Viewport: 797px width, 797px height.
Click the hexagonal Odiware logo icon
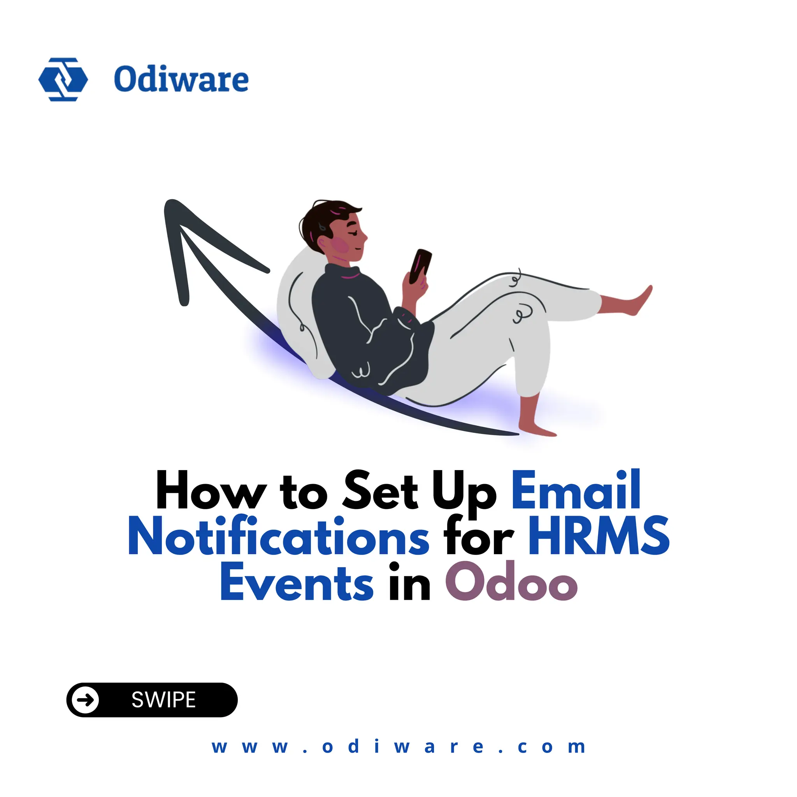pyautogui.click(x=63, y=79)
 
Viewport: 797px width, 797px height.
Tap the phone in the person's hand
pyautogui.click(x=420, y=267)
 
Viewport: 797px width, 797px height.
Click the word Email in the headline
pyautogui.click(x=576, y=491)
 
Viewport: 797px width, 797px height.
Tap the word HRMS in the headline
pyautogui.click(x=599, y=536)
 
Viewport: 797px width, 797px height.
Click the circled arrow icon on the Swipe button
pyautogui.click(x=86, y=700)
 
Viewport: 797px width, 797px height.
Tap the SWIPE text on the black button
pyautogui.click(x=164, y=700)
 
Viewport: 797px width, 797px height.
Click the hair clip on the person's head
pyautogui.click(x=322, y=226)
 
